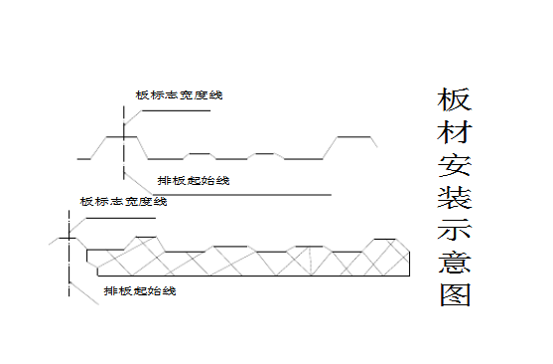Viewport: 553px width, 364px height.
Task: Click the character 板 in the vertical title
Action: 453,101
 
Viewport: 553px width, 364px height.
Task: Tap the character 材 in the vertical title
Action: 453,134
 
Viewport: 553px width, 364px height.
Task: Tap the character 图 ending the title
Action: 453,295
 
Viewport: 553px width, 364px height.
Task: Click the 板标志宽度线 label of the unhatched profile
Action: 180,95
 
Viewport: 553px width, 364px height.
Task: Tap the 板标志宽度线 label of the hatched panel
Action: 124,202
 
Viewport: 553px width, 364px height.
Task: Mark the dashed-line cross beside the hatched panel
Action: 68,239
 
